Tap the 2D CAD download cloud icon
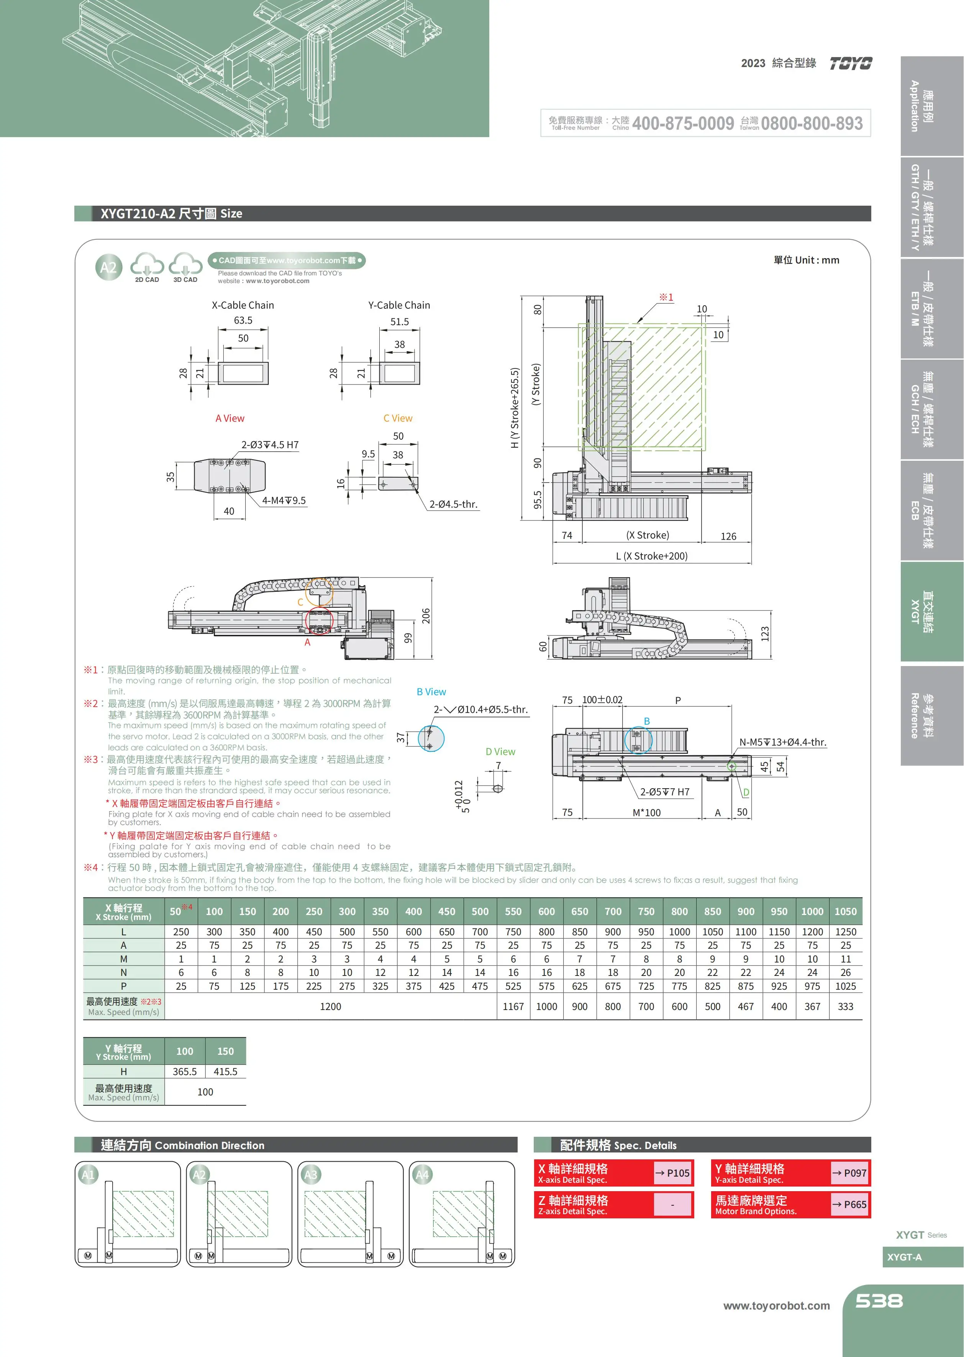147,265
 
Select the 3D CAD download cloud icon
185,265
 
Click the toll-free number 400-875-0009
683,123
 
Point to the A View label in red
230,418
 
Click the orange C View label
398,418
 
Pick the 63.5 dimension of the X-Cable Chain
243,321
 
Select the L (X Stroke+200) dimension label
652,556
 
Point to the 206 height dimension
426,616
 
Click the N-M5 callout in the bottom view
782,742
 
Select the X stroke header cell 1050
845,912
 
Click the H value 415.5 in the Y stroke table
226,1072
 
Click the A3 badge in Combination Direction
310,1174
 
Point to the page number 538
879,1301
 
